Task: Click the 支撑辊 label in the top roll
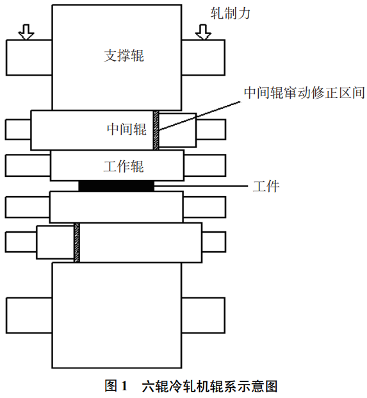pyautogui.click(x=124, y=55)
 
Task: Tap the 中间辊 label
pyautogui.click(x=127, y=129)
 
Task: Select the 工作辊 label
pyautogui.click(x=124, y=167)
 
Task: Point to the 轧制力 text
pyautogui.click(x=231, y=13)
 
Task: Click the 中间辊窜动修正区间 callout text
pyautogui.click(x=304, y=93)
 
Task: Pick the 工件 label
pyautogui.click(x=266, y=187)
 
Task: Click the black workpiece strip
pyautogui.click(x=117, y=186)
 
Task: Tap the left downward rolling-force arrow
pyautogui.click(x=26, y=32)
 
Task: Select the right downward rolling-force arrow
pyautogui.click(x=203, y=32)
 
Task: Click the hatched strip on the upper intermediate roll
pyautogui.click(x=156, y=130)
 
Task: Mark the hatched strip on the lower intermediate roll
pyautogui.click(x=77, y=243)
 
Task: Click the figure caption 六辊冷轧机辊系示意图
pyautogui.click(x=210, y=386)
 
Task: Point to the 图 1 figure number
pyautogui.click(x=116, y=386)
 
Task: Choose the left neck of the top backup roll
pyautogui.click(x=29, y=58)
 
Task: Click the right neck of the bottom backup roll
pyautogui.click(x=204, y=315)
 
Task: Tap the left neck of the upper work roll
pyautogui.click(x=28, y=165)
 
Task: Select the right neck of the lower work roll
pyautogui.click(x=204, y=207)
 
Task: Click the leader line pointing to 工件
pyautogui.click(x=201, y=186)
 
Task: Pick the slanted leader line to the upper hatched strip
pyautogui.click(x=199, y=116)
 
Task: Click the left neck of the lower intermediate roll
pyautogui.click(x=20, y=242)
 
